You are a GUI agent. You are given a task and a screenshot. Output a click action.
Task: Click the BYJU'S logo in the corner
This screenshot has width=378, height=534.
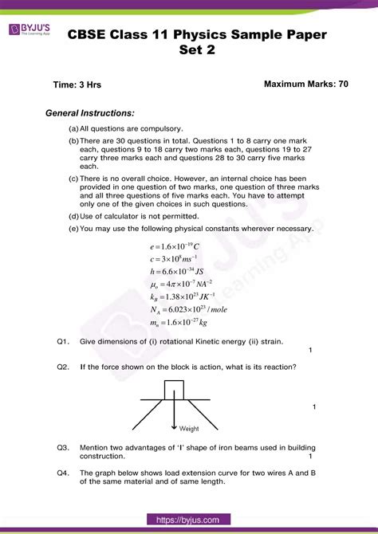pos(30,29)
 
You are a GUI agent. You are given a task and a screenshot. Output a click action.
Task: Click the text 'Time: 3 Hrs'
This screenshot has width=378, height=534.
pos(77,84)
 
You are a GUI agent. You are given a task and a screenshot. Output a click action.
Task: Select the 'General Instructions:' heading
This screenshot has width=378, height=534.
pos(90,113)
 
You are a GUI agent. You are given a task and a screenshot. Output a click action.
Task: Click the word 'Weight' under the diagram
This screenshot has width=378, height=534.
pos(189,428)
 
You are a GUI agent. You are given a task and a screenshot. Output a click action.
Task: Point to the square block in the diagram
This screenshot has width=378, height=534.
pos(175,390)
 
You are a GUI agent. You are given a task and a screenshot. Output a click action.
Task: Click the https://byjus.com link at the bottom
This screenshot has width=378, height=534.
pos(188,520)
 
